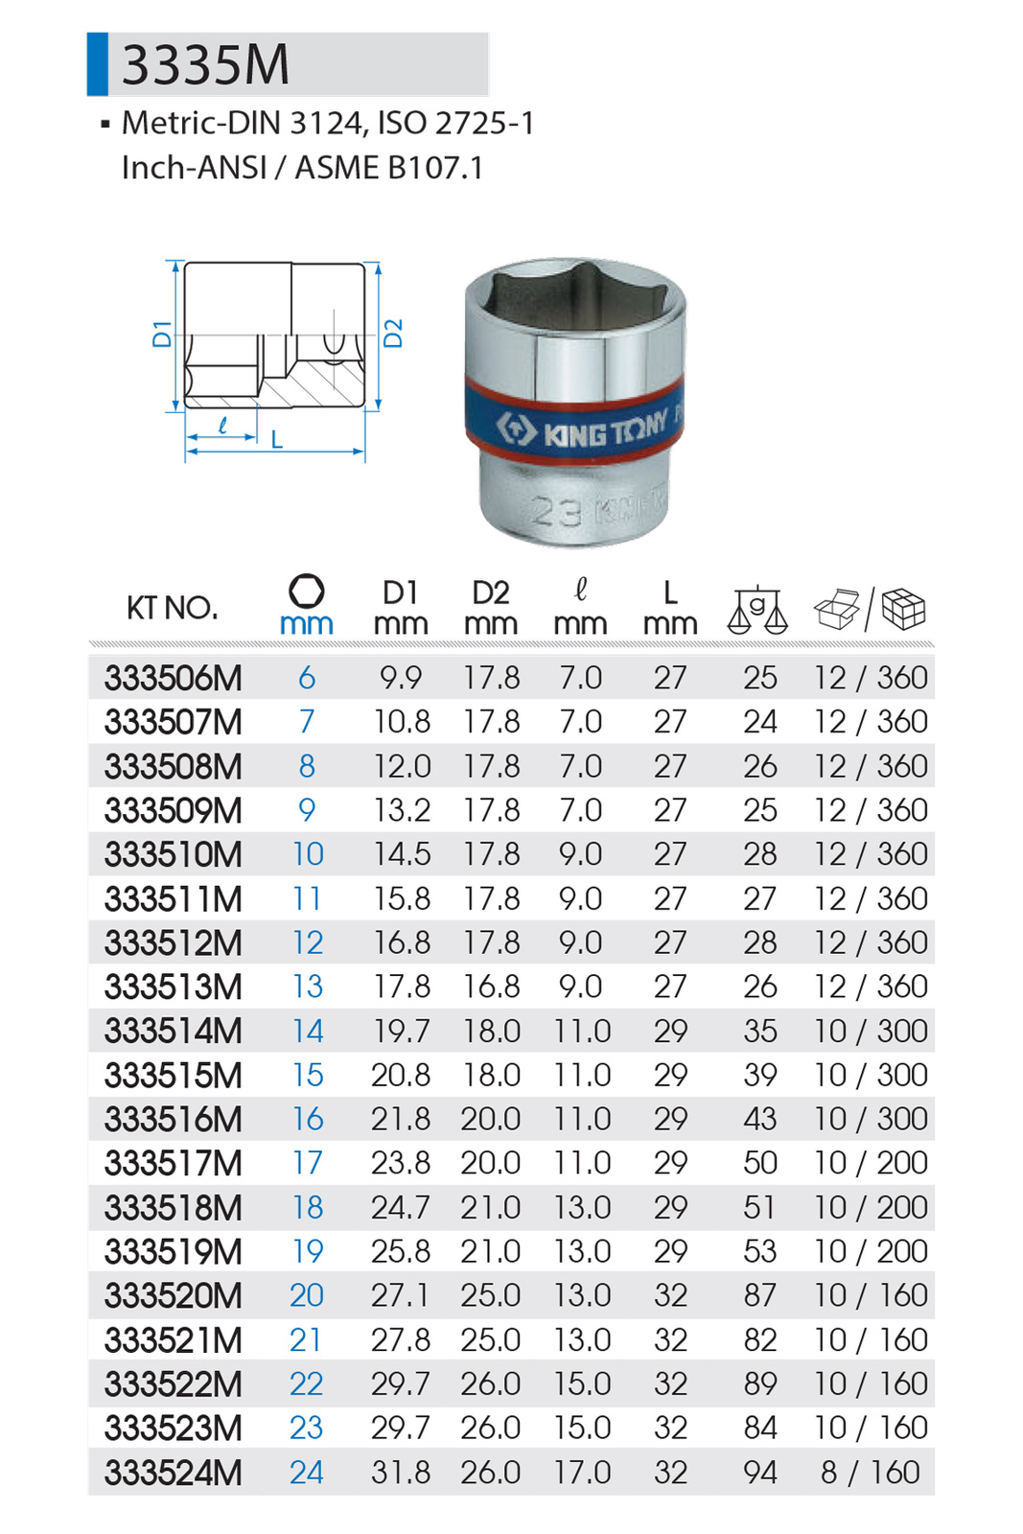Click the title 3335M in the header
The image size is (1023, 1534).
pos(205,65)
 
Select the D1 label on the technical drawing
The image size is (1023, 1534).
pos(162,334)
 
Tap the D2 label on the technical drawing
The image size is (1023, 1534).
pos(393,333)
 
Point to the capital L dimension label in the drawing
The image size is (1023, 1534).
pos(277,439)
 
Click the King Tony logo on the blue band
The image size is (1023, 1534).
pos(581,429)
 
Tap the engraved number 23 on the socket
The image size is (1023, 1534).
pos(557,511)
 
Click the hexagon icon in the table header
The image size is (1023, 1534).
pos(306,591)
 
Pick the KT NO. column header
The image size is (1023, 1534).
pos(173,608)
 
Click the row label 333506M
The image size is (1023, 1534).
pos(174,678)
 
